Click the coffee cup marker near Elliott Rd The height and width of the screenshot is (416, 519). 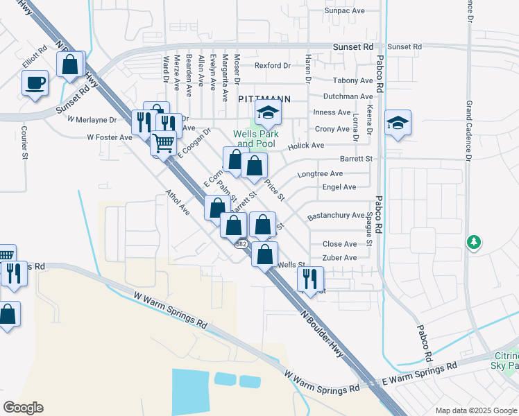(35, 84)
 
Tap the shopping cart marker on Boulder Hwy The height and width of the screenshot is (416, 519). (164, 143)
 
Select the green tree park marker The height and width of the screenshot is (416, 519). (475, 242)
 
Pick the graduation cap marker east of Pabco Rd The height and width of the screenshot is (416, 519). (398, 123)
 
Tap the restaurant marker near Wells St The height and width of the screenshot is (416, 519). (309, 279)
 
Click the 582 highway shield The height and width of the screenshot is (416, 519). (241, 245)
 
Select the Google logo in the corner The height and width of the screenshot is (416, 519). (23, 407)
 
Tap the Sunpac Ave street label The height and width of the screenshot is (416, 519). (345, 11)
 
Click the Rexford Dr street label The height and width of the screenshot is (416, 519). (272, 66)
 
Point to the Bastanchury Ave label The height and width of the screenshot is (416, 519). (335, 216)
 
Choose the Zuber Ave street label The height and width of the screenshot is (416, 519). (340, 258)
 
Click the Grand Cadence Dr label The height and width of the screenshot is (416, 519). (469, 132)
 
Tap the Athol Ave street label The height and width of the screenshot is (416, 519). (177, 202)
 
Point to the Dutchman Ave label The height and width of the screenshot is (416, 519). (348, 96)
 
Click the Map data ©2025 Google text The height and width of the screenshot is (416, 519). (475, 410)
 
